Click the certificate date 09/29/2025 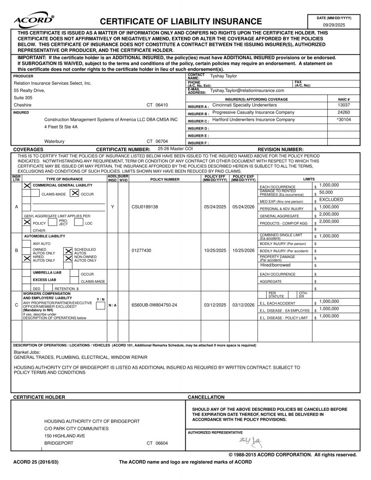click(x=334, y=25)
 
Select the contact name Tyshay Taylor click(x=224, y=76)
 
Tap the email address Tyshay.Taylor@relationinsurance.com click(x=247, y=90)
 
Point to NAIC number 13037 click(x=343, y=105)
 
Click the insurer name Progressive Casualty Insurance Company click(x=253, y=112)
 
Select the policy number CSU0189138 click(x=145, y=207)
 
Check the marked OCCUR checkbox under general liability click(x=74, y=193)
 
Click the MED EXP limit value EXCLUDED click(x=331, y=200)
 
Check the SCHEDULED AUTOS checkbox click(x=68, y=251)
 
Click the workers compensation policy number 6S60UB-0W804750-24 click(x=154, y=305)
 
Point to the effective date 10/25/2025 click(x=215, y=251)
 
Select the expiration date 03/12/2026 click(x=243, y=305)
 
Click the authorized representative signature click(x=251, y=442)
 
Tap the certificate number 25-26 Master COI click(x=175, y=149)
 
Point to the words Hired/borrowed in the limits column click(x=275, y=265)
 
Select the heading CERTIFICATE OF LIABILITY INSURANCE click(x=181, y=22)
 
